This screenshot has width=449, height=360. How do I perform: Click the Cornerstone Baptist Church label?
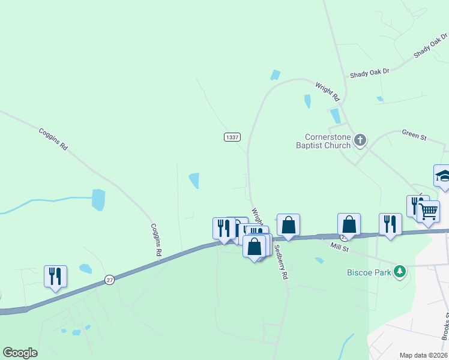[x=323, y=141]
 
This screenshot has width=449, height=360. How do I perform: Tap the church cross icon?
[x=360, y=140]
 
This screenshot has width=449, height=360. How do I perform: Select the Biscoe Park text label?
[x=368, y=272]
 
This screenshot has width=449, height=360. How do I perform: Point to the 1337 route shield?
[x=233, y=137]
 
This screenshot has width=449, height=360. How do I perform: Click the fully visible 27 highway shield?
[x=109, y=279]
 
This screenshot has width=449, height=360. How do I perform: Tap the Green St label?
[x=414, y=136]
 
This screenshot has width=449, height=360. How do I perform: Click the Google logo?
[x=20, y=353]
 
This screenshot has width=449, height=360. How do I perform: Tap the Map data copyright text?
[x=424, y=355]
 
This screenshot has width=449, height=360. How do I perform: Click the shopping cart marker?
[x=428, y=211]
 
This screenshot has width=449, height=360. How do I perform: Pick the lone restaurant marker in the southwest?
[x=55, y=276]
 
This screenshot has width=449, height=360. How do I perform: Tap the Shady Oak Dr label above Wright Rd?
[x=370, y=72]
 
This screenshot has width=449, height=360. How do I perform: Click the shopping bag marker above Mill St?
[x=349, y=224]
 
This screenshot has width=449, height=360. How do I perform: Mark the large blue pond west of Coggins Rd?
[x=98, y=199]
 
